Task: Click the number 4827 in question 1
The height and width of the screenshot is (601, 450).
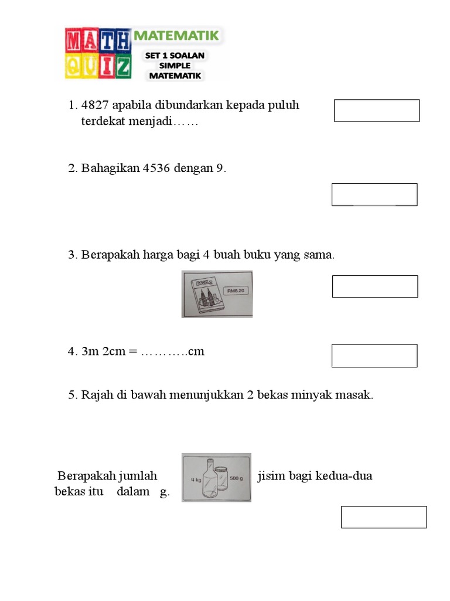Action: tap(95, 106)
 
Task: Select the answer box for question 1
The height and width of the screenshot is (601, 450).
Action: tap(377, 110)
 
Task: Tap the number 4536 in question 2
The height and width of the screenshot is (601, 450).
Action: tap(156, 168)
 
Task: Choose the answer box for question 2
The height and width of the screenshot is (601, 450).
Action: tap(374, 195)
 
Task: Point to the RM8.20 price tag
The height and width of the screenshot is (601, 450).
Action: tap(237, 289)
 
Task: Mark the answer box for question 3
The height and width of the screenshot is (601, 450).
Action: tap(375, 286)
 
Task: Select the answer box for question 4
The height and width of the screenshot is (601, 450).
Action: tap(374, 356)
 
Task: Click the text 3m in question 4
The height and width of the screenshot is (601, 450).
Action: tap(90, 352)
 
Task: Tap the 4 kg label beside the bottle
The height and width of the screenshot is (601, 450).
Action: tap(195, 480)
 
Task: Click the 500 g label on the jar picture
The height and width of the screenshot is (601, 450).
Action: tap(236, 478)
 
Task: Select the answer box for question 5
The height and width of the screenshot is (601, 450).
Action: tap(384, 517)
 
